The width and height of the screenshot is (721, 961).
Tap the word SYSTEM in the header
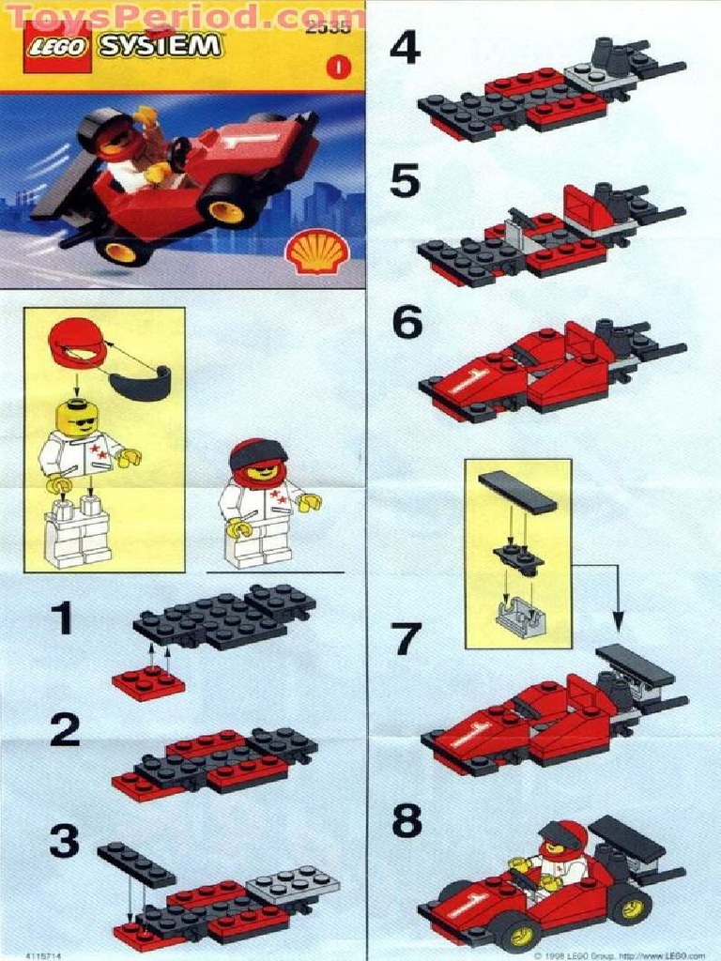tap(161, 46)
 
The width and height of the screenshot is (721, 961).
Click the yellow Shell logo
tap(317, 252)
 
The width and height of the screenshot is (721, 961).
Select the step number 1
tap(61, 619)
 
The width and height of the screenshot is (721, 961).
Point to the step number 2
tap(64, 729)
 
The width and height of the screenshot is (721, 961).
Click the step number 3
tap(64, 842)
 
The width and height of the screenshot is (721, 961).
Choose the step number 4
tap(405, 48)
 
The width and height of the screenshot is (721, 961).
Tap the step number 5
tap(405, 181)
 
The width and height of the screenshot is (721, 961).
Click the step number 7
tap(406, 639)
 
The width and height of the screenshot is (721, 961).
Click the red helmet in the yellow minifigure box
tap(78, 343)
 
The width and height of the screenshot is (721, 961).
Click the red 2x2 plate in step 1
tap(148, 683)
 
